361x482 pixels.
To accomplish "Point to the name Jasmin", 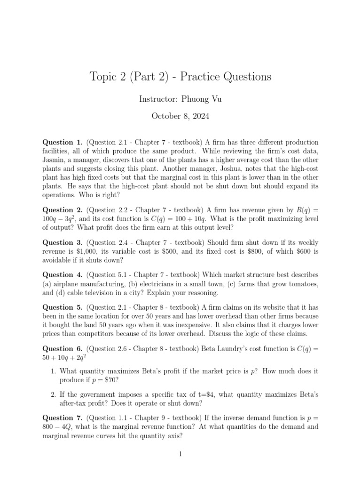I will [x=55, y=160].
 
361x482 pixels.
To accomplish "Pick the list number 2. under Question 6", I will [x=54, y=394].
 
